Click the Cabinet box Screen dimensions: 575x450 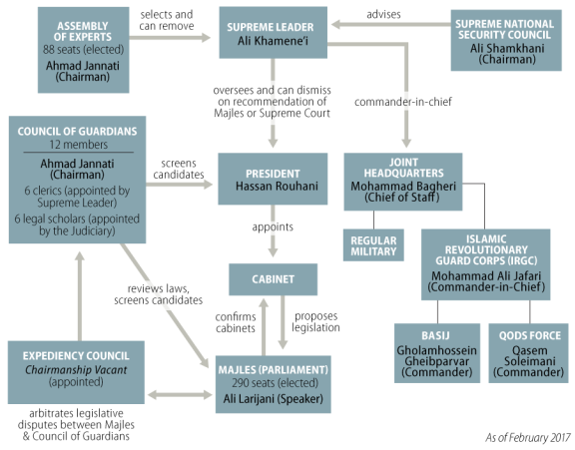(273, 279)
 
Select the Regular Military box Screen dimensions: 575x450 (373, 245)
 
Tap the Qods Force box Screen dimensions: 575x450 (528, 353)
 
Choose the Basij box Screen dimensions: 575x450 (437, 353)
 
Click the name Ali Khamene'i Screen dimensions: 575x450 (273, 41)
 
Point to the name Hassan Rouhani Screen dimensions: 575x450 (277, 187)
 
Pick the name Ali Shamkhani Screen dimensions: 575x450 (507, 48)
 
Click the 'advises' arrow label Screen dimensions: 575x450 (383, 15)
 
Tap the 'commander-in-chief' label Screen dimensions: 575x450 (403, 102)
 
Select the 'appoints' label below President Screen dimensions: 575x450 (273, 227)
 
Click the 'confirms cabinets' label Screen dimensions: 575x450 (236, 322)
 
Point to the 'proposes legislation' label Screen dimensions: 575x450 (315, 321)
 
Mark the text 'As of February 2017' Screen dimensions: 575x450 (528, 438)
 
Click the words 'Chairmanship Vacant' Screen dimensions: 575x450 (76, 370)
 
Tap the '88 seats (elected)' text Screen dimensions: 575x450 (83, 50)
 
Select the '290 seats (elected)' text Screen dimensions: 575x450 (275, 383)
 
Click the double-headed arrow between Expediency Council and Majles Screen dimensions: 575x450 (180, 395)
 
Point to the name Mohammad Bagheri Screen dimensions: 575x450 (403, 187)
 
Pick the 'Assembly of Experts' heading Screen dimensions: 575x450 (83, 32)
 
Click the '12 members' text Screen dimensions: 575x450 (79, 145)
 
